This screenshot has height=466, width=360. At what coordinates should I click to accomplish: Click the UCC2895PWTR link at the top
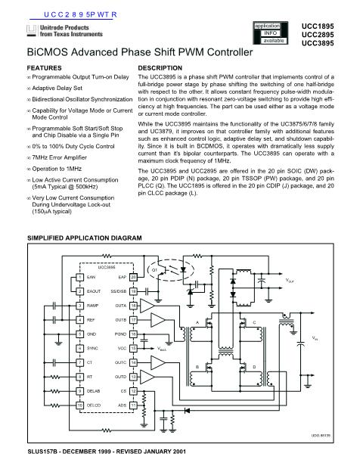[69, 14]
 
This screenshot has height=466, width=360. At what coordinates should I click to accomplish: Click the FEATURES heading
[44, 68]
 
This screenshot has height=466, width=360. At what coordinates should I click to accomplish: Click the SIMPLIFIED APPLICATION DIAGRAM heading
[85, 239]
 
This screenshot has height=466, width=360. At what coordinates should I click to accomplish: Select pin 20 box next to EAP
[133, 278]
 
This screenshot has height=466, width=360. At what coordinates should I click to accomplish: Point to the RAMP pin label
[95, 305]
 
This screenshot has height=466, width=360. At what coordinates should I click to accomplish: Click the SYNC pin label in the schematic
[95, 348]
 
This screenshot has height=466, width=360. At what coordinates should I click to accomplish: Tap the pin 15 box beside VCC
[133, 348]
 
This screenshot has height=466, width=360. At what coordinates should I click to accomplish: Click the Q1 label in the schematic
[155, 270]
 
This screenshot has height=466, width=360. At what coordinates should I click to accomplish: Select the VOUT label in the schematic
[290, 281]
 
